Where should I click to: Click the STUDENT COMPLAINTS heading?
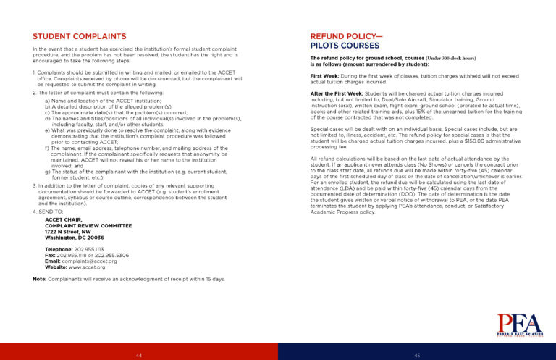tap(80, 35)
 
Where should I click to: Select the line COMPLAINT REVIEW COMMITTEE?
tap(88, 225)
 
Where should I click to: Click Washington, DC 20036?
tap(75, 237)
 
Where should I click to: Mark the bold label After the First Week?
tap(336, 93)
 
